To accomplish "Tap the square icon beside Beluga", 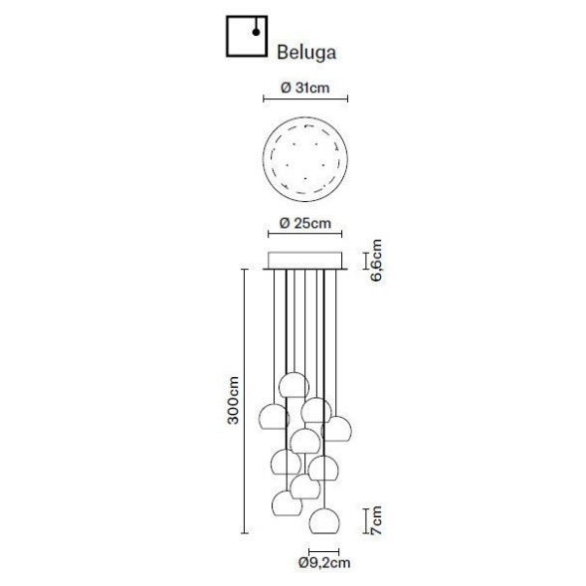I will pos(246,37).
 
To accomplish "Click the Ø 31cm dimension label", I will pos(304,88).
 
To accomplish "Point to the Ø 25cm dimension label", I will pos(304,223).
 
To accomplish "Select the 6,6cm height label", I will pos(377,261).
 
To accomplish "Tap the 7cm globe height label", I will pos(377,519).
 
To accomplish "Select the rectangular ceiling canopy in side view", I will pos(304,262).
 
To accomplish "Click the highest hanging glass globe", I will pos(292,384).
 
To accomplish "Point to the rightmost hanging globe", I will pos(340,428).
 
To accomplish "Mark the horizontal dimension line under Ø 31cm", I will pos(304,99).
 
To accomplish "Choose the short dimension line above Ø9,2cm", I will pos(323,548).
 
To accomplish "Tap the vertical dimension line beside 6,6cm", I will pos(366,262).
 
